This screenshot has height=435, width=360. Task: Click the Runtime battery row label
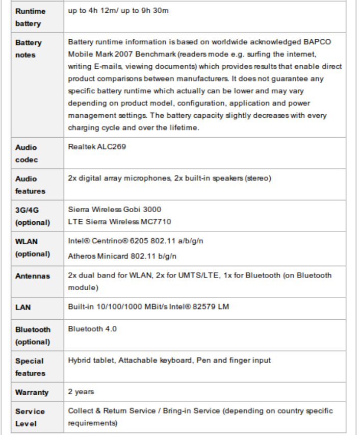coord(30,17)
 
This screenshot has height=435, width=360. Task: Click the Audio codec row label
coord(27,153)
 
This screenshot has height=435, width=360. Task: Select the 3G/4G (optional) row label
coord(32,216)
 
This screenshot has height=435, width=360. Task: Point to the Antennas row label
coord(32,276)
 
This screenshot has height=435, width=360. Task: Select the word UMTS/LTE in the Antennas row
coord(200,275)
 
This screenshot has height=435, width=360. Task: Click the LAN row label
coord(23,308)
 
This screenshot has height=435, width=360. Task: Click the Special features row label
coord(30,367)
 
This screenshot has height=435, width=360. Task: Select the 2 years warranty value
coord(81,392)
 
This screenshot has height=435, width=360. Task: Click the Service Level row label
coord(30,418)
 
